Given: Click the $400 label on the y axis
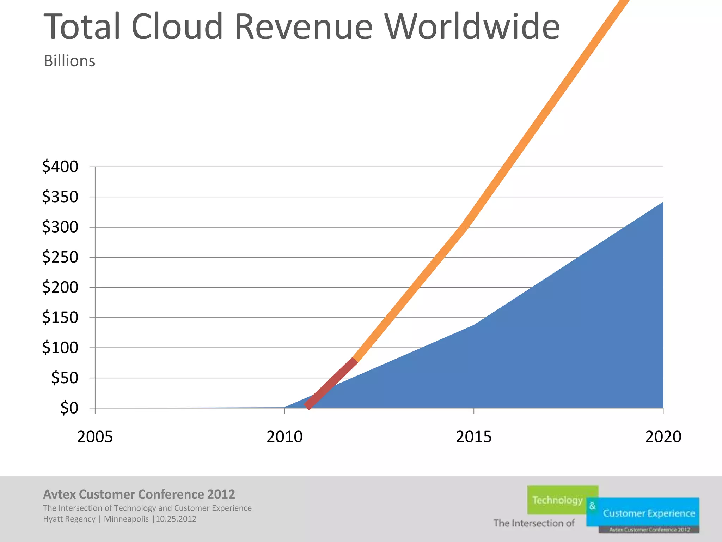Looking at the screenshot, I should click(x=60, y=167).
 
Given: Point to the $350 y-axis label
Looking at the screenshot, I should click(x=60, y=197).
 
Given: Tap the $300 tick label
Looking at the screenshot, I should click(x=60, y=227).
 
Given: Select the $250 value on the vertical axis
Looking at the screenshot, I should click(x=60, y=257).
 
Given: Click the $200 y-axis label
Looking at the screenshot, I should click(x=60, y=287).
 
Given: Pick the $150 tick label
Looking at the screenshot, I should click(x=60, y=318).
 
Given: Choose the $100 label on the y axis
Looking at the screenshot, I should click(x=60, y=348).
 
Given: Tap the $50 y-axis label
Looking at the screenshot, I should click(x=65, y=378).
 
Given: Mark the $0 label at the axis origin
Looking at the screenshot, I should click(x=69, y=408).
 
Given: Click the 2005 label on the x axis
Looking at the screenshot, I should click(x=95, y=437).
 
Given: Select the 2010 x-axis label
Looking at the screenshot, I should click(x=284, y=437).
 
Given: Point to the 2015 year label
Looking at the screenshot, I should click(x=473, y=437).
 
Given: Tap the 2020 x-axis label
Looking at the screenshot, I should click(x=663, y=437).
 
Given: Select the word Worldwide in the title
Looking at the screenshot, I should click(x=472, y=27).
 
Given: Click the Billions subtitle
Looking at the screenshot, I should click(x=69, y=61).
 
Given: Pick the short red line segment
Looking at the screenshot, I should click(x=331, y=384).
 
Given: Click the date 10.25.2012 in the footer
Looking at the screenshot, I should click(x=176, y=519).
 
